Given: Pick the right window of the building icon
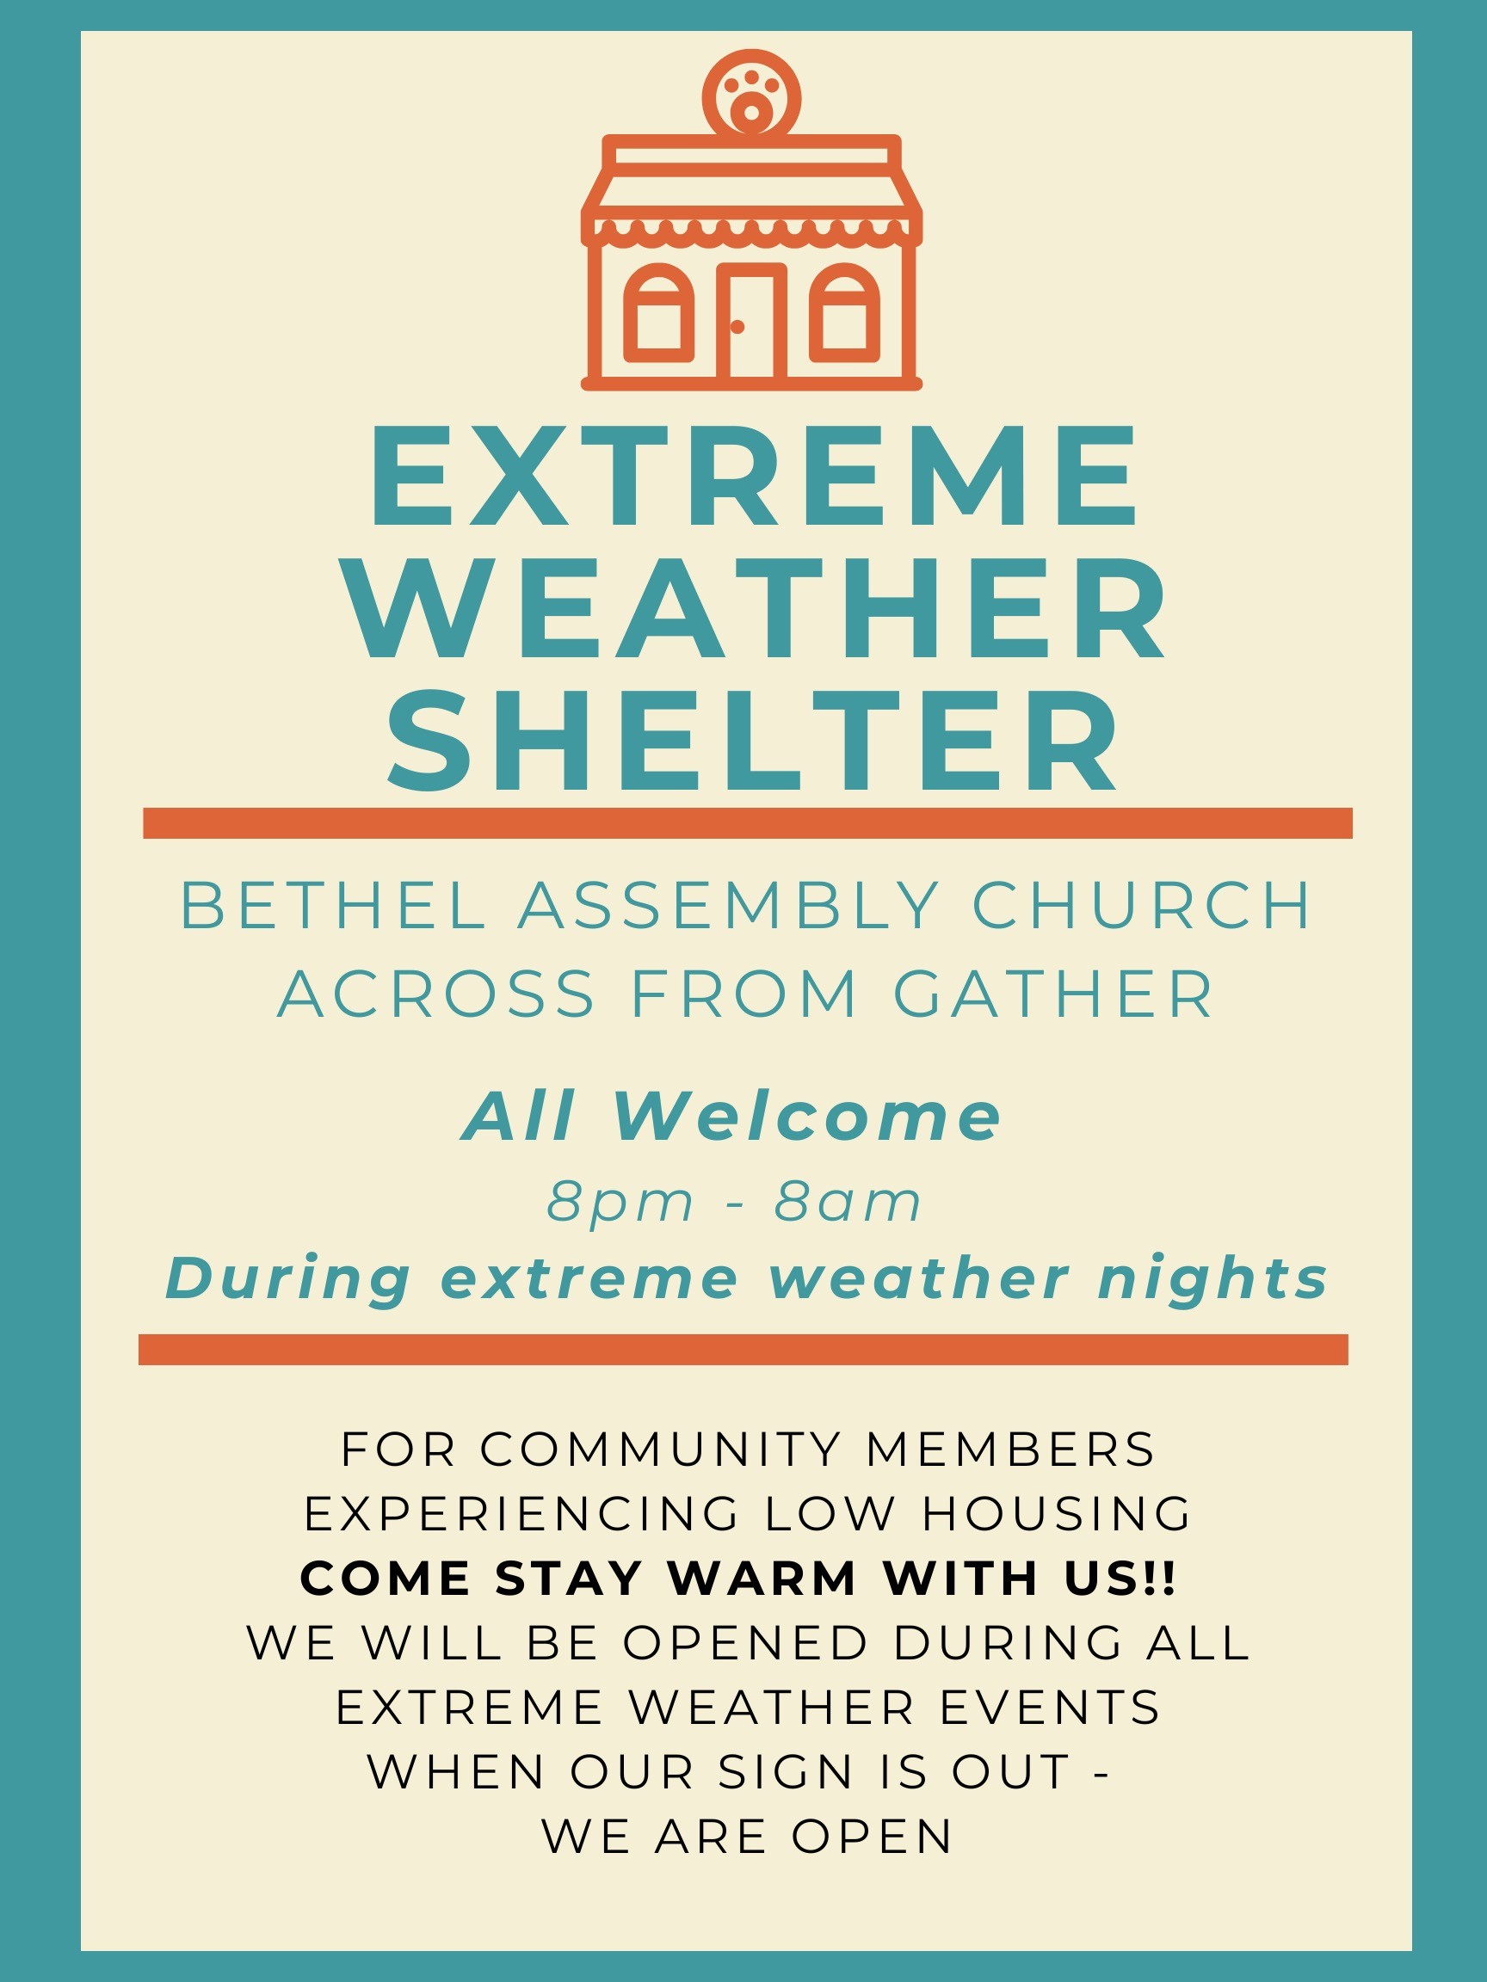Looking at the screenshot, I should pos(844,314).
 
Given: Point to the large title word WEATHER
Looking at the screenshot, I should pos(755,609).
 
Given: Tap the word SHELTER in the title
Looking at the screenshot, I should pos(753,742).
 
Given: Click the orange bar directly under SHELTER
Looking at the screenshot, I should pos(748,822).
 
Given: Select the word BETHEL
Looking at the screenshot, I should pos(332,907).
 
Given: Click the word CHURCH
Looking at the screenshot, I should pos(1141,907).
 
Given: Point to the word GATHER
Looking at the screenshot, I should pos(1053,994).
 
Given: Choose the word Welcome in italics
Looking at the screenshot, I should pos(807,1117).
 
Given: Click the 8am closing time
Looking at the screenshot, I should pos(848,1203).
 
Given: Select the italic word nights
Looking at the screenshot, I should pos(1212,1277).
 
